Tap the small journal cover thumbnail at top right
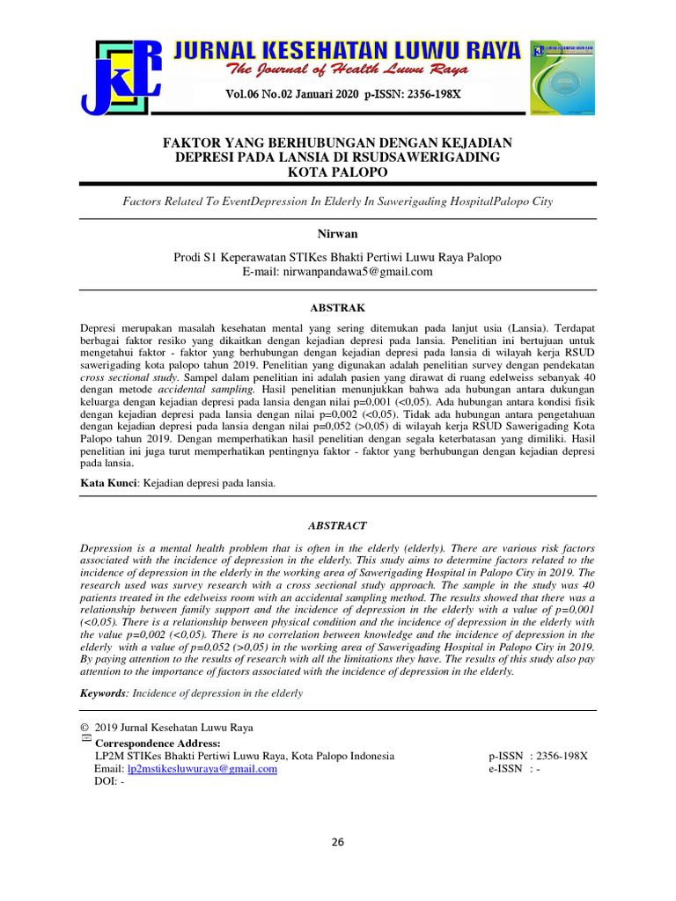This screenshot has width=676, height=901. point(562,77)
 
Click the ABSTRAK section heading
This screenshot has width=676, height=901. point(337,308)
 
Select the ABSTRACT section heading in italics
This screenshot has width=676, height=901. point(337,525)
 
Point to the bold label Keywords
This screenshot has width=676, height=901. point(104,693)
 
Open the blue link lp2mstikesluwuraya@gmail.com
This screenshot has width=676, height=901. point(202,768)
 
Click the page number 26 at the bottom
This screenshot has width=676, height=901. point(338,842)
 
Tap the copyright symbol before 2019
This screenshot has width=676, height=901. point(84,728)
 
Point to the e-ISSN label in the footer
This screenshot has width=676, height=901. point(506,768)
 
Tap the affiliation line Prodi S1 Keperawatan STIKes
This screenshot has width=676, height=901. point(337,258)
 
